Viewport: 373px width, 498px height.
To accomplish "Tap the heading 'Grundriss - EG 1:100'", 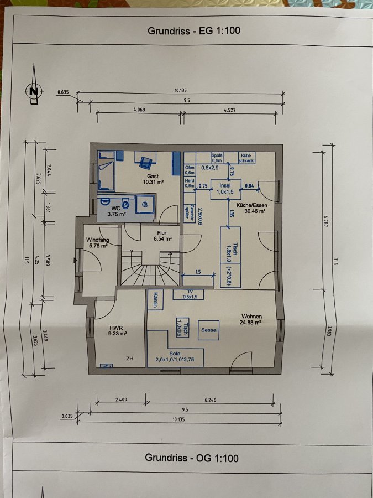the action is pos(194,31).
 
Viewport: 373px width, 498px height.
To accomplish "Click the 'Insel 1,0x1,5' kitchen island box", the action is pos(226,189).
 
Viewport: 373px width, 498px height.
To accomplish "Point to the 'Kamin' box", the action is pos(155,299).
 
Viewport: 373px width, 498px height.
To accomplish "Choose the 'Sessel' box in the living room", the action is pos(209,330).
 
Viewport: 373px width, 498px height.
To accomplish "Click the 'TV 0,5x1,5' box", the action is pos(188,294).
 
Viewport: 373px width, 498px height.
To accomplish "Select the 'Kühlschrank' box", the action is pos(246,158).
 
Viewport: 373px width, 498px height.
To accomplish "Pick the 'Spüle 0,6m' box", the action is pos(217,158).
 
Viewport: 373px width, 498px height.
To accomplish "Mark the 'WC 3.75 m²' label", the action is pos(117,211).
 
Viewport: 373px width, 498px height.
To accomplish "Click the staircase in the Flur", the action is pos(150,268).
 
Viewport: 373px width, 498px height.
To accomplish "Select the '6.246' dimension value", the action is pos(211,400).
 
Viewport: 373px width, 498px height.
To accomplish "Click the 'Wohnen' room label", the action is pos(251,317).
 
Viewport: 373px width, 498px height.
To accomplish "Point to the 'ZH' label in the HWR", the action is pos(130,359).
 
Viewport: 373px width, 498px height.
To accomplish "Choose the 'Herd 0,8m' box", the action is pos(190,184).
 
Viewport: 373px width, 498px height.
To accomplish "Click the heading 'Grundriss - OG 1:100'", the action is pos(192,458).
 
